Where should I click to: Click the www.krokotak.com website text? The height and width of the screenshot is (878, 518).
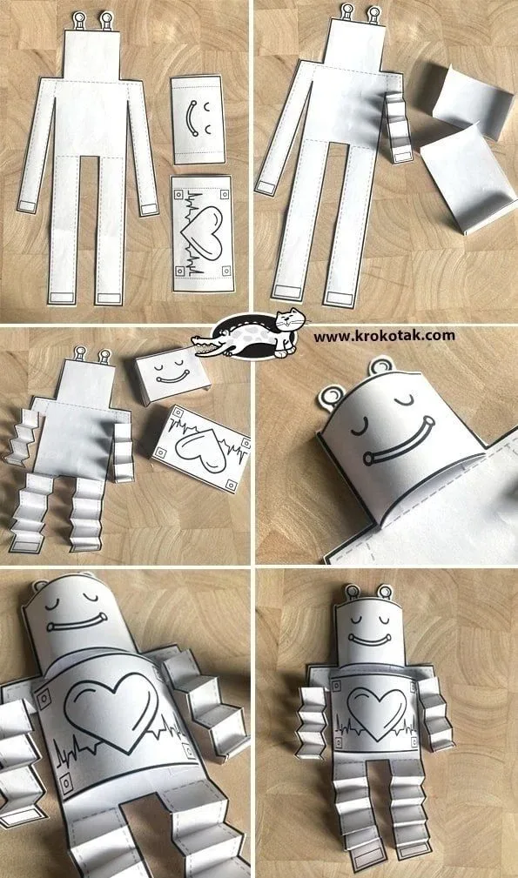[x=384, y=336]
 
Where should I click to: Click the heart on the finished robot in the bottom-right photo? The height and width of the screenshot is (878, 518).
[x=376, y=711]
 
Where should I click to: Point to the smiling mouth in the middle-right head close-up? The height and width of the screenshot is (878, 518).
[x=398, y=441]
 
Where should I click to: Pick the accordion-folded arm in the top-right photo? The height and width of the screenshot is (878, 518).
[x=398, y=127]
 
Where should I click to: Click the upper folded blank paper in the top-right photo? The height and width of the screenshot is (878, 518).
[x=474, y=103]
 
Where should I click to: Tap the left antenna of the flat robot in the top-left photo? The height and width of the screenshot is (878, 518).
[x=79, y=20]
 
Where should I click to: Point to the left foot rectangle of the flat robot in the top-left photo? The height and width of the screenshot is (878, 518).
[x=60, y=298]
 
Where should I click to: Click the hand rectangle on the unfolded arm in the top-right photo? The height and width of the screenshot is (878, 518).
[x=266, y=188]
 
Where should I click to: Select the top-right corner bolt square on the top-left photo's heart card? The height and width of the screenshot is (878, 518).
[x=224, y=195]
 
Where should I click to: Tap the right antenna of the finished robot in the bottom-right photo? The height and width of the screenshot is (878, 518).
[x=385, y=592]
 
